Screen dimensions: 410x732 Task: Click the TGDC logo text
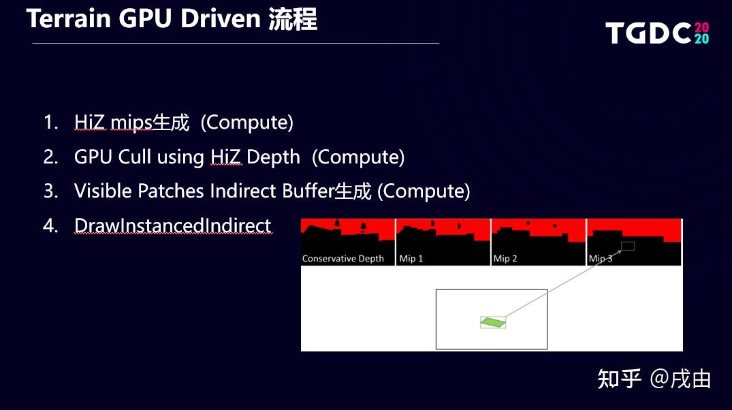click(648, 33)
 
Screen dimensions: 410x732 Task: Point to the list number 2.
click(50, 157)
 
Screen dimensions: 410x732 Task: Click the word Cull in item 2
click(135, 157)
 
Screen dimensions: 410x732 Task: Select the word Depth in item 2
click(273, 157)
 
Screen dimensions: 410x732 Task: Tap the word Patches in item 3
click(170, 191)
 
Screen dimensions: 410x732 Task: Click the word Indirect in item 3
click(244, 191)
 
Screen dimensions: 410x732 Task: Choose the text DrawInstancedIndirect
click(173, 226)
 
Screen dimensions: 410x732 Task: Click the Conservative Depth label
click(343, 259)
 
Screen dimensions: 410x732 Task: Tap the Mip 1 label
click(411, 259)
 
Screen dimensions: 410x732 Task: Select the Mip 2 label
click(505, 259)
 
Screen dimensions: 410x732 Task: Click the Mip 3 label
click(601, 259)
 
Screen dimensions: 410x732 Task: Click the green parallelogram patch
click(493, 322)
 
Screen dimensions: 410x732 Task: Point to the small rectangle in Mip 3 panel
click(628, 246)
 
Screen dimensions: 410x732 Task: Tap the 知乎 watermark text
click(619, 379)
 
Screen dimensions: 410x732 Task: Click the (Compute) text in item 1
click(247, 123)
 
